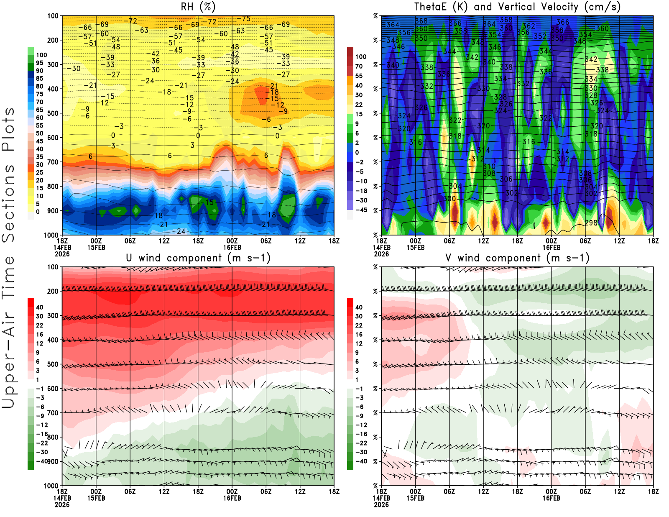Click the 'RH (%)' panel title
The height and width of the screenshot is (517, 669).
coord(198,7)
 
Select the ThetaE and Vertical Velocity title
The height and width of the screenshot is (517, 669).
coord(517,7)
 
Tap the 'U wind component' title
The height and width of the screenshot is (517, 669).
coord(198,258)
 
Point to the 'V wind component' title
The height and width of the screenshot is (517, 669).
coord(517,258)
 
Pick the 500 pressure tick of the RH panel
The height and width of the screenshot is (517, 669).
coord(53,113)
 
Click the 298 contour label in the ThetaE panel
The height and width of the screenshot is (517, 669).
coord(591,223)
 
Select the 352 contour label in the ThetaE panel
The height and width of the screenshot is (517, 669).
coord(540,36)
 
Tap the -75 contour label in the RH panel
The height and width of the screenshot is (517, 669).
coord(243,19)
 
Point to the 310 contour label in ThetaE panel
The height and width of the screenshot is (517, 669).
coord(489,166)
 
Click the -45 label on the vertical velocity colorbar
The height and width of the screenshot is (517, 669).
coord(361,210)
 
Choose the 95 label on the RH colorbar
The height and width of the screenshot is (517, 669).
coord(40,63)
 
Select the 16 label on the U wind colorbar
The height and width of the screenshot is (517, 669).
coord(40,335)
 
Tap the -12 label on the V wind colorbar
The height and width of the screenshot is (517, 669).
coord(361,425)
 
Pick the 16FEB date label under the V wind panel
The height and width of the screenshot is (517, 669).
coord(551,498)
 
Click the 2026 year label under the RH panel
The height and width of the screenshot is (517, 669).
coord(62,254)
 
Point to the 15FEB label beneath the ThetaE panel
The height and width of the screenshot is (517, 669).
coord(415,247)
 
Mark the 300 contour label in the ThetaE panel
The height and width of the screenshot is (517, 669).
coord(449,199)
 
